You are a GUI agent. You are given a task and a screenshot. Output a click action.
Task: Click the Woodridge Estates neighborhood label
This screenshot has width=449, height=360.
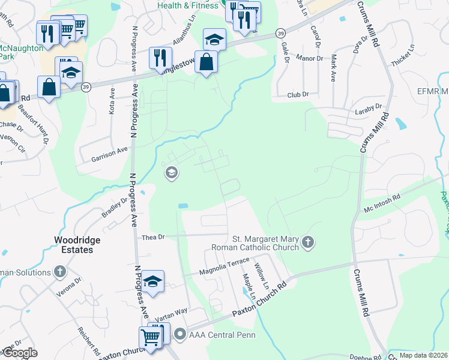(x=77, y=244)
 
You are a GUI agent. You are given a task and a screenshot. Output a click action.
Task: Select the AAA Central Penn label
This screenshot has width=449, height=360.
(x=221, y=334)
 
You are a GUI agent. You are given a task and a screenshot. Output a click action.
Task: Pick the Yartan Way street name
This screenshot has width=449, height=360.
(x=171, y=314)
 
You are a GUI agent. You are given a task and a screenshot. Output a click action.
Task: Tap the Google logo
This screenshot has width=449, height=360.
(x=20, y=353)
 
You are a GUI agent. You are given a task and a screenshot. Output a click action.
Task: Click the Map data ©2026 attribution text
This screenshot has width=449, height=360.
(x=423, y=355)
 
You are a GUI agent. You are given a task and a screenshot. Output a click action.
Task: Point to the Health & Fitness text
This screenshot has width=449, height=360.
(x=187, y=5)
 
